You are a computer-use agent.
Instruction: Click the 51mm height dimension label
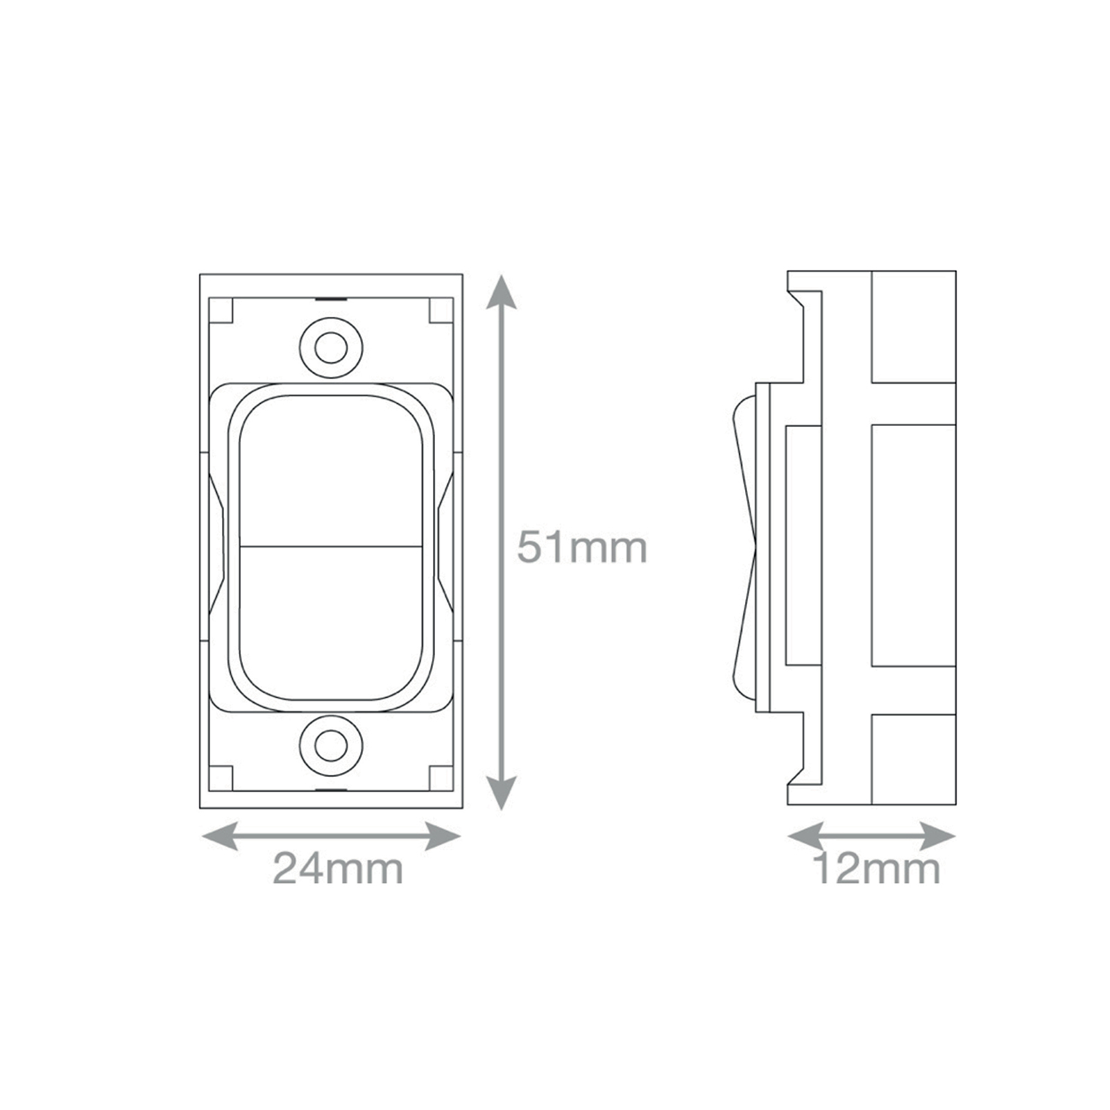tap(582, 547)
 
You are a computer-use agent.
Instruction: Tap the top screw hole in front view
tap(331, 347)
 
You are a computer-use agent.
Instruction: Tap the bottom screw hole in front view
tap(331, 746)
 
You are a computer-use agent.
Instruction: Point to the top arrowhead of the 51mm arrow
tap(501, 291)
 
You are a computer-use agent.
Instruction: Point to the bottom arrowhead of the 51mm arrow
tap(501, 793)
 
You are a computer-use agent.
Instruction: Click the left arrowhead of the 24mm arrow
tap(219, 837)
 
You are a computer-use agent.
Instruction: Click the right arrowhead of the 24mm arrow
tap(444, 837)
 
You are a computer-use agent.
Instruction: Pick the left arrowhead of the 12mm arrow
tap(805, 837)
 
